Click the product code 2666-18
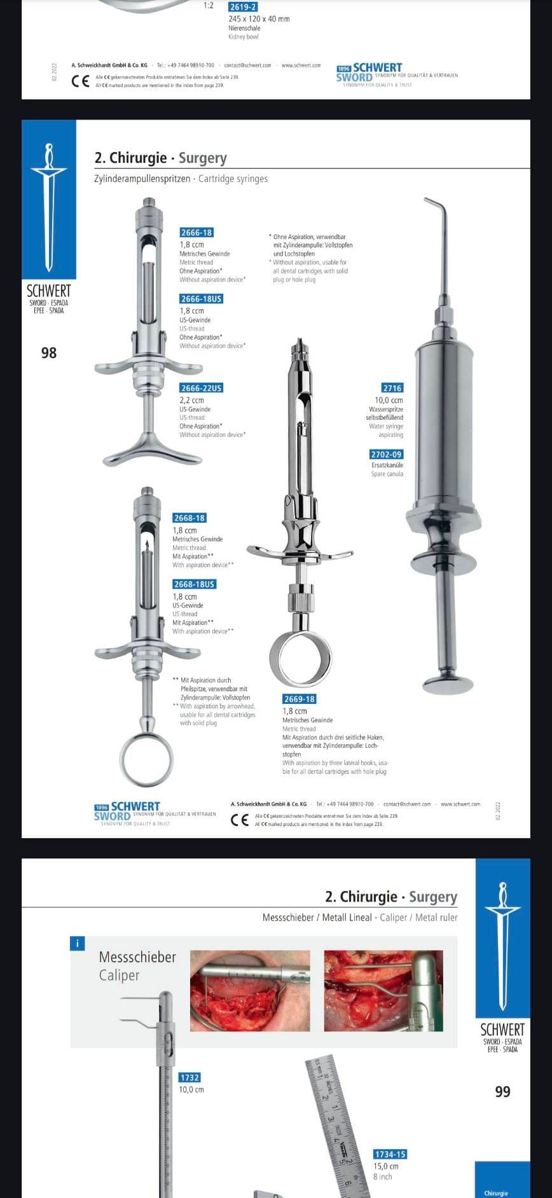pos(196,233)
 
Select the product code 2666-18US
pos(201,299)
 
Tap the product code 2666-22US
pos(201,388)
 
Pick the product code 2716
pos(392,388)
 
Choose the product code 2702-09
pos(386,455)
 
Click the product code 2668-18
pos(189,518)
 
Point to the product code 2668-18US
pos(194,584)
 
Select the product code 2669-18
pos(299,699)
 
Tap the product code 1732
pos(190,1077)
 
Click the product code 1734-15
pos(390,1154)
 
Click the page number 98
pos(49,352)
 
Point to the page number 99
pos(502,1091)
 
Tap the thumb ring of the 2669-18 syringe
pos(301,659)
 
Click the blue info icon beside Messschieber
pos(76,944)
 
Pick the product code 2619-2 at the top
pos(243,6)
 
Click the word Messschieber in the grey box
pos(137,957)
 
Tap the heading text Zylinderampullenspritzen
pos(142,179)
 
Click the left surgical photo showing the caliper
pos(250,991)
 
